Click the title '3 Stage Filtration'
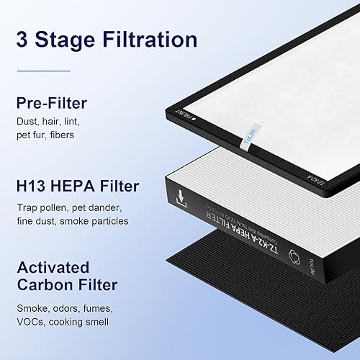click(106, 38)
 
